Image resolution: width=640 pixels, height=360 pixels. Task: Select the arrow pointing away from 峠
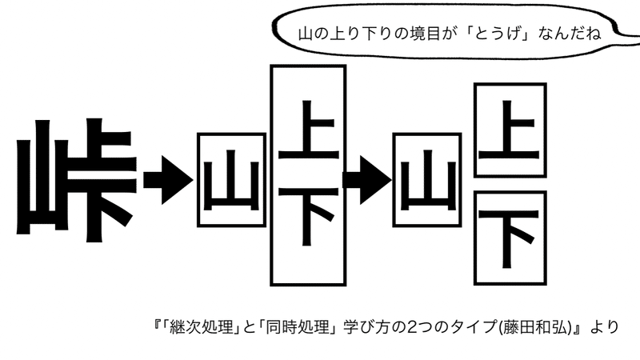pos(166,177)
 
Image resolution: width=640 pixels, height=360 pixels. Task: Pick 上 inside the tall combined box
pos(309,131)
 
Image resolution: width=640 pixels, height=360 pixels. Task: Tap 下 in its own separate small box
pos(510,238)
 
